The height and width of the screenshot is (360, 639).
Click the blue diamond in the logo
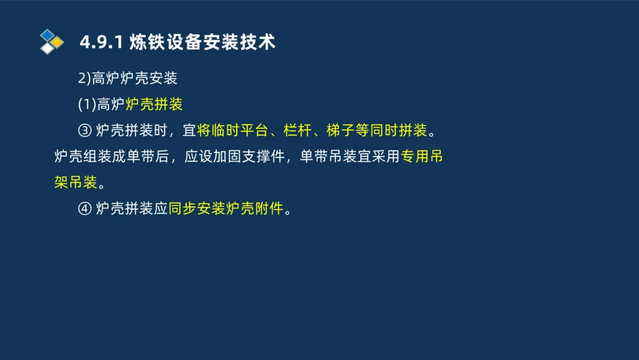(x=47, y=35)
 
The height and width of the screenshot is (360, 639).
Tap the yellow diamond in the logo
(x=58, y=42)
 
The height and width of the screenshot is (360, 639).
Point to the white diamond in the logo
(x=47, y=48)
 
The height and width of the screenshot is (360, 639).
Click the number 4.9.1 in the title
(x=102, y=43)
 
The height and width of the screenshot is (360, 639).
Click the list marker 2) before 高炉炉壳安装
(x=84, y=79)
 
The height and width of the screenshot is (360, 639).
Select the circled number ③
(x=85, y=131)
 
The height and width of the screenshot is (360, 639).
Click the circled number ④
(x=85, y=208)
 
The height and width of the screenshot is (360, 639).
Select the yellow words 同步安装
(x=197, y=208)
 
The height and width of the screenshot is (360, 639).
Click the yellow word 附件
(x=268, y=208)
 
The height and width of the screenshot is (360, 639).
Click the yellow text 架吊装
(x=75, y=182)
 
